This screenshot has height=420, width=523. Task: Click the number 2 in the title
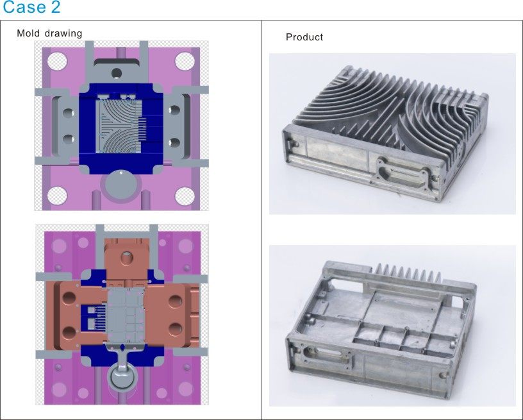(56, 6)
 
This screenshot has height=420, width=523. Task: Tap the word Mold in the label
(28, 33)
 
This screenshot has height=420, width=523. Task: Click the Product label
(304, 37)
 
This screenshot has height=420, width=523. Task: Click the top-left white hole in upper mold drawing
(58, 61)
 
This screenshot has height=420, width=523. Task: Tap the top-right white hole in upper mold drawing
(185, 61)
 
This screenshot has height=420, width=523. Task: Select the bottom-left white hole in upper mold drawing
(58, 196)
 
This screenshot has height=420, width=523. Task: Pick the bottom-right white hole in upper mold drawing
(185, 196)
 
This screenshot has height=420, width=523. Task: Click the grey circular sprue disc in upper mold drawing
(121, 185)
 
